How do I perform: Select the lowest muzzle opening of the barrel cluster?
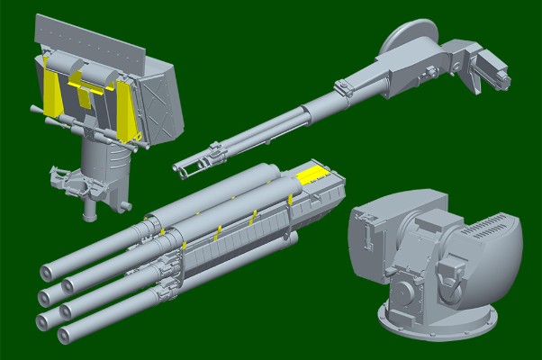coord(63,335)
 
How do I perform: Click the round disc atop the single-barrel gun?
coord(402,39)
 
